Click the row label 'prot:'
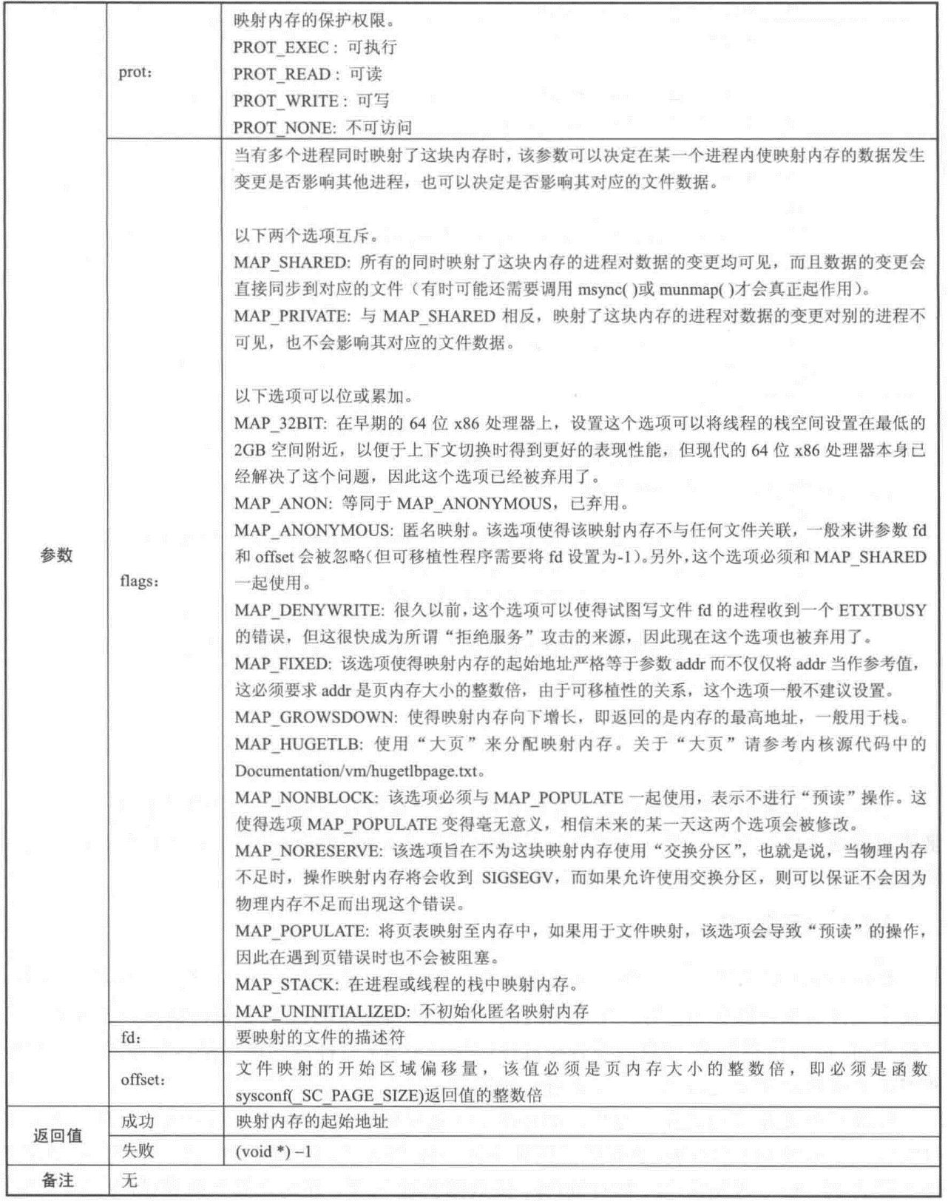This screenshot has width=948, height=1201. [x=135, y=73]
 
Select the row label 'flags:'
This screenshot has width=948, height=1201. [x=140, y=581]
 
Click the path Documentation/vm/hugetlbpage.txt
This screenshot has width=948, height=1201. [x=356, y=771]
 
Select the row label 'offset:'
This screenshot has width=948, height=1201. [x=143, y=1080]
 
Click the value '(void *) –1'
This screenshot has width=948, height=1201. [x=273, y=1151]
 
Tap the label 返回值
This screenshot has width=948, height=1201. [x=58, y=1135]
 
